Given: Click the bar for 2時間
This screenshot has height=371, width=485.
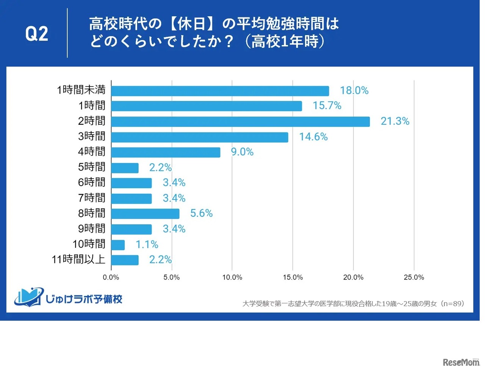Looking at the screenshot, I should pos(240,121).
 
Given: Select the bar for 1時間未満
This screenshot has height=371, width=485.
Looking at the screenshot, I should pos(220,91).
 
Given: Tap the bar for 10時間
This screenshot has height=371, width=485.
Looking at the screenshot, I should pos(118,245).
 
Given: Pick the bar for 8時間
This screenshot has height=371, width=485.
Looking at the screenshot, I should pos(145,214).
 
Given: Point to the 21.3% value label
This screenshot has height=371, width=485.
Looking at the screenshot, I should pos(395,121).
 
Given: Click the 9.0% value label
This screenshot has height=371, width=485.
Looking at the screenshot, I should pos(242,152).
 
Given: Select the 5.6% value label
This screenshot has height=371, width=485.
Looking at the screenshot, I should pos(201,214).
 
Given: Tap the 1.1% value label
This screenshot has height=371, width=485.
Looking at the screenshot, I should pos(147,245).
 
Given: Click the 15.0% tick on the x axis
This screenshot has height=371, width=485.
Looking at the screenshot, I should pos(293,278).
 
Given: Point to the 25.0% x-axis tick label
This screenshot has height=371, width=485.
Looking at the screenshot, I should pos(414,278).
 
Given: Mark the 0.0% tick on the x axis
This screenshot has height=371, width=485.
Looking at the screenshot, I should pos(111,278).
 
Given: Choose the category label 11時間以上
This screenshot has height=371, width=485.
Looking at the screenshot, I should pos(78,259).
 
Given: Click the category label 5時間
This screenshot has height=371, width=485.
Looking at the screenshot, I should pos(92,167).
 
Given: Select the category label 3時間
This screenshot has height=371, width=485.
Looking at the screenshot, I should pos(92,136).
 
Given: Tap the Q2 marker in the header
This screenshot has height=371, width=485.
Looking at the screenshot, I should pos(37,34).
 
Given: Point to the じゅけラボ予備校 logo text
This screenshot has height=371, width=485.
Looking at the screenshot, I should pos(84,299).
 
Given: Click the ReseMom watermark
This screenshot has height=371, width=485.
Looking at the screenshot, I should pos(461,362).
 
